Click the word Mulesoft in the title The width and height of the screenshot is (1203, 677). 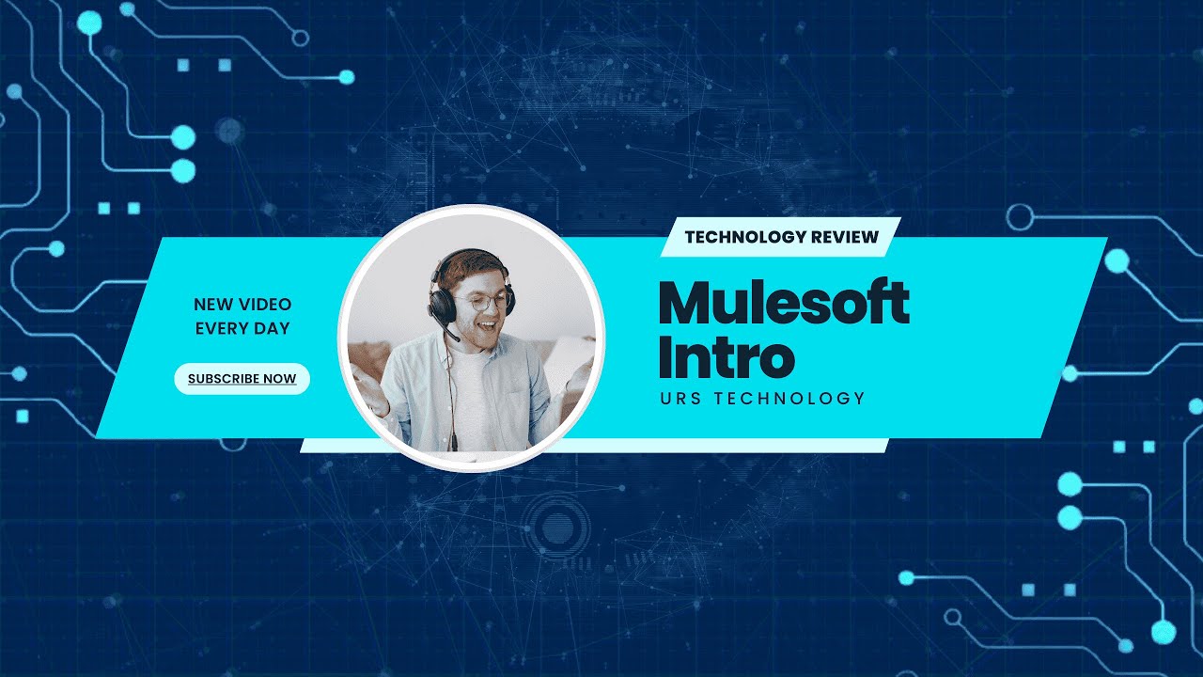784,303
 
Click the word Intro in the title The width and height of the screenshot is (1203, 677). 726,356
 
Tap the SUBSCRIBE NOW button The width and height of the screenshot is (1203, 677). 242,379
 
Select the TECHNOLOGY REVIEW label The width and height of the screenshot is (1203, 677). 781,237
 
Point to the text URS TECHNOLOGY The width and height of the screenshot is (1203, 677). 762,399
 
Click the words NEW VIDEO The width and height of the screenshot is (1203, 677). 242,305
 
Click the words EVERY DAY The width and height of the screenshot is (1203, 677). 242,328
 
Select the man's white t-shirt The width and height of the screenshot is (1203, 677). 474,395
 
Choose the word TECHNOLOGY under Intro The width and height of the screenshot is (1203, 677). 789,399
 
